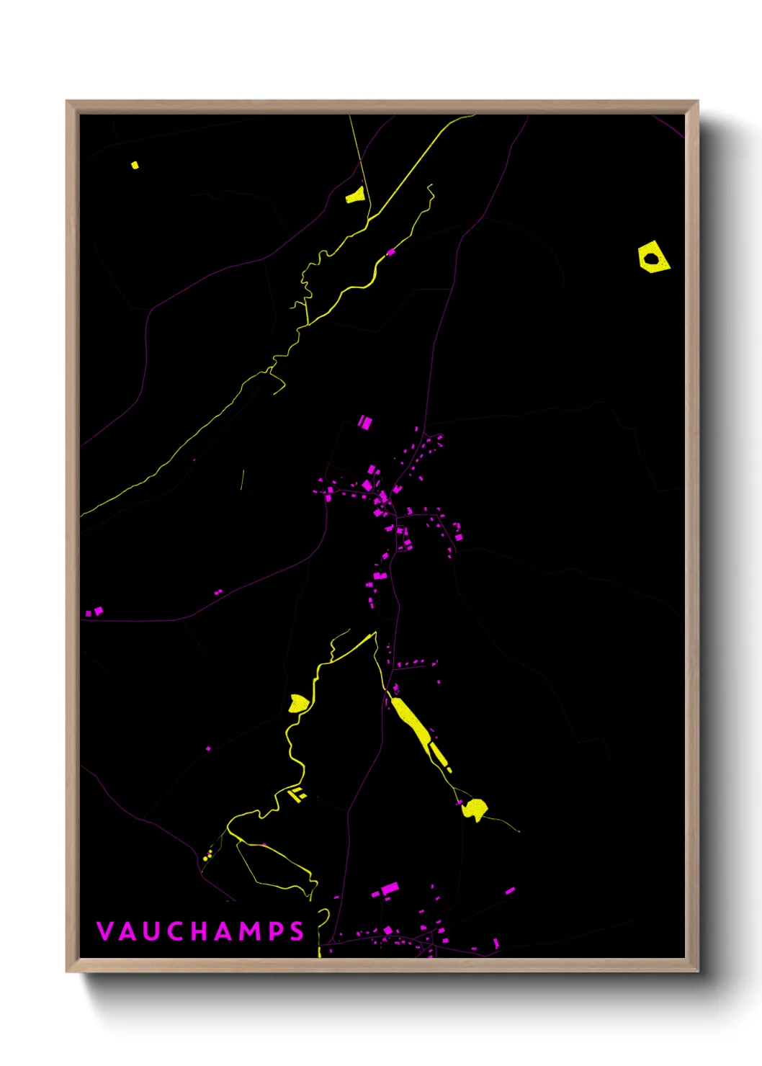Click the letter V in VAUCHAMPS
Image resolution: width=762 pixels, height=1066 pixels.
(x=105, y=931)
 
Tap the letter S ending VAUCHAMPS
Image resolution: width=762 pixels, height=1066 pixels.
(x=297, y=931)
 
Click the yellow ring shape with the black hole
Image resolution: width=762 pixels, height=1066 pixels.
(x=653, y=258)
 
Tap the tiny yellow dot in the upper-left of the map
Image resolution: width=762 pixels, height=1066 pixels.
(x=135, y=165)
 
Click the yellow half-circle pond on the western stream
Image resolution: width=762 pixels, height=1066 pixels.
(x=297, y=703)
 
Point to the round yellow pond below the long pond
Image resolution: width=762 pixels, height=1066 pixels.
(x=475, y=808)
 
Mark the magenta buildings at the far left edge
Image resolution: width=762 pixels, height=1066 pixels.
(x=94, y=612)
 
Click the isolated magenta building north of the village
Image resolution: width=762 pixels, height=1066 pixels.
(x=365, y=422)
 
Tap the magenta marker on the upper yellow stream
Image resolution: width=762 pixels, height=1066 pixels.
(x=391, y=252)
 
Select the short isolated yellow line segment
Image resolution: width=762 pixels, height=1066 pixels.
(x=242, y=480)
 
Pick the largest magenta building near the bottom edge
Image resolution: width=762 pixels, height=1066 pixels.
(x=390, y=889)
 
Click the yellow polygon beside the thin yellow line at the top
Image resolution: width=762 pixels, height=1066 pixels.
(x=356, y=195)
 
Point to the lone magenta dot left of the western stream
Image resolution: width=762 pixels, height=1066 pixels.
(x=209, y=749)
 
